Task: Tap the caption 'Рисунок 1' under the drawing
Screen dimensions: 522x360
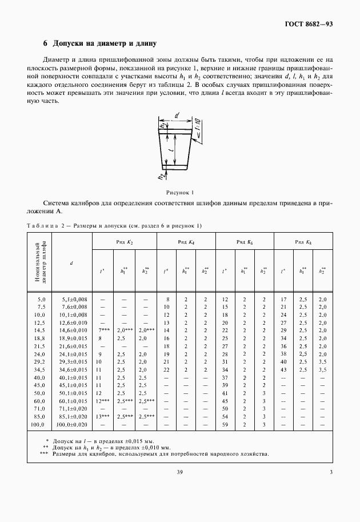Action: (x=180, y=192)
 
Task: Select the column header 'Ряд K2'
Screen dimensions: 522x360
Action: (x=125, y=242)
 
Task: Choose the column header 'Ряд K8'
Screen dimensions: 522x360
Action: (x=303, y=242)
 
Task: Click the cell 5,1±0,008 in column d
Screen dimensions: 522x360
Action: (x=71, y=299)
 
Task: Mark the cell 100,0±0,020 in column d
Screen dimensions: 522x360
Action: (x=71, y=425)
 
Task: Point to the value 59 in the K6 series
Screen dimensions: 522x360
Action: (x=225, y=425)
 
